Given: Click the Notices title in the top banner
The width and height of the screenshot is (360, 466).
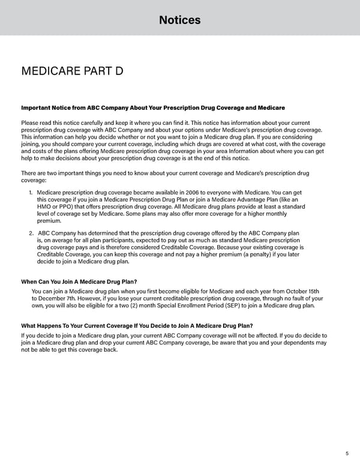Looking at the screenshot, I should click(x=179, y=20).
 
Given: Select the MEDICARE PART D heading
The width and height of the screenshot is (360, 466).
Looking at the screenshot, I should click(x=72, y=72).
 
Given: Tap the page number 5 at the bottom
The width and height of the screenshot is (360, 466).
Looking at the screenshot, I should click(x=347, y=453).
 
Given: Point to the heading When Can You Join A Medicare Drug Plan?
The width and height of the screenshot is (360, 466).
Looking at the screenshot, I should click(x=79, y=282).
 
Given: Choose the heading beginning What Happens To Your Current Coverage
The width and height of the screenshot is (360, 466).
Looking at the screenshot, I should click(x=137, y=326).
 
